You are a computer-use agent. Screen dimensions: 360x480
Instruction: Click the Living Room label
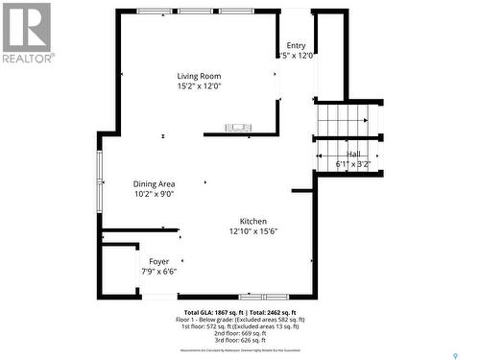199,76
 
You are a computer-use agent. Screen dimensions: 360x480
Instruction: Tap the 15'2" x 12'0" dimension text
199,86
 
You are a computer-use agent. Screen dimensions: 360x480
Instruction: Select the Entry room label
296,45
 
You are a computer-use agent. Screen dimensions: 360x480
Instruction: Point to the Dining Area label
154,183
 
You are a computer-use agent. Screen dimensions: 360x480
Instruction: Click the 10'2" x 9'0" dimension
154,194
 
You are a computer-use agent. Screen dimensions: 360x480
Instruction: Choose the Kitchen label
253,221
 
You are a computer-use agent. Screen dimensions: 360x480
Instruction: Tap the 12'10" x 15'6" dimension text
253,231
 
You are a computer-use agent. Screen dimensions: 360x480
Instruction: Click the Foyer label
158,261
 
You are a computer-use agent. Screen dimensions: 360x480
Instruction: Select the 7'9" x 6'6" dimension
158,272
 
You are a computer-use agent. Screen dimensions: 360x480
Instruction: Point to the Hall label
354,154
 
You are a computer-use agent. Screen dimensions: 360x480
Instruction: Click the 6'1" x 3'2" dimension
353,164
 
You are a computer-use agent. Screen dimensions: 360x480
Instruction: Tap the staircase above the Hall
343,121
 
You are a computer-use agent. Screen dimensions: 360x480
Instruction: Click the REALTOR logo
26,33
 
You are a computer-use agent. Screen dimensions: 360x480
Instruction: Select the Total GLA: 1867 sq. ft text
213,313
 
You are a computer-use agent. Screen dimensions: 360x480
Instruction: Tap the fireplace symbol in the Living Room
237,128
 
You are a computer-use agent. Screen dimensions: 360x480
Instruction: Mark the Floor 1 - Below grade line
239,320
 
